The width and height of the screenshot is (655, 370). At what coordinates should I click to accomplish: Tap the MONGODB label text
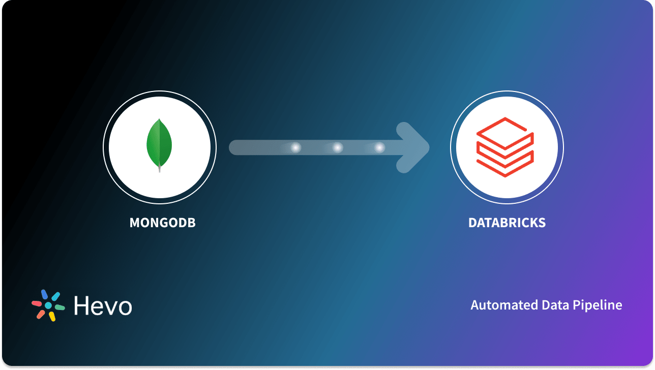coord(163,223)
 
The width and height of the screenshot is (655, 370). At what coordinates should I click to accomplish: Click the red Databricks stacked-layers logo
coord(504,147)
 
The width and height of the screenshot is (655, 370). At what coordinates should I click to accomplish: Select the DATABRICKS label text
coord(507,223)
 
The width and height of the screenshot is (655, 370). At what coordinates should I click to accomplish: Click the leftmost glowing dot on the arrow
coord(295,147)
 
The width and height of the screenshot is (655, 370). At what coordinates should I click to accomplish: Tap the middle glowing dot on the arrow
coord(337,147)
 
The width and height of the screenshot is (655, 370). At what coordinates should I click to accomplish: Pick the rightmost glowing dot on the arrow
coord(379,147)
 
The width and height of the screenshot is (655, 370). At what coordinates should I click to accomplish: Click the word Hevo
coord(103,305)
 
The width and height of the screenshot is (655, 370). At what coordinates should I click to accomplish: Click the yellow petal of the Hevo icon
coord(52,316)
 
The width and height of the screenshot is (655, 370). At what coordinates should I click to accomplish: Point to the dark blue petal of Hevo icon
coord(44,294)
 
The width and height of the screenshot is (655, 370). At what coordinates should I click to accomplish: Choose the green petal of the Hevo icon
coord(59,307)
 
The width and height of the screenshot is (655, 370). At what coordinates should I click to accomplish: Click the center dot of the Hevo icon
coord(48,305)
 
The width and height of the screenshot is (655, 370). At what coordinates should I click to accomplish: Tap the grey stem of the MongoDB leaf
coord(160,168)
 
